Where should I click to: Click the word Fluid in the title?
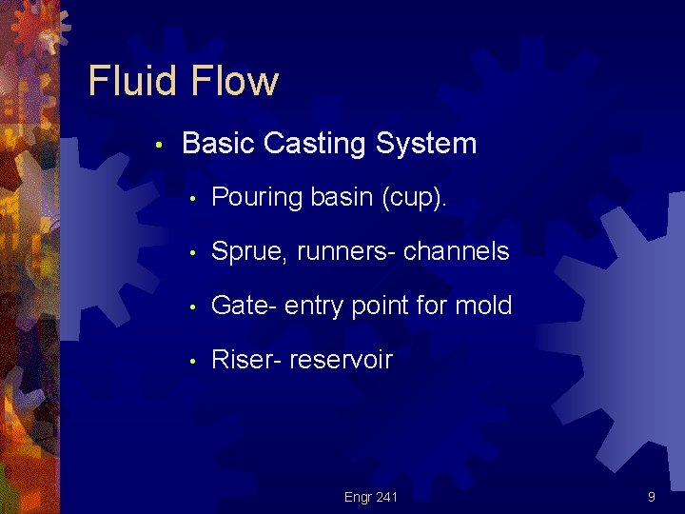click(x=132, y=81)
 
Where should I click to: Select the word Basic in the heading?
click(x=218, y=144)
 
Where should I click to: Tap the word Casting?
click(x=314, y=144)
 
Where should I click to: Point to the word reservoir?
click(x=341, y=360)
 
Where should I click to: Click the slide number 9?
click(x=651, y=497)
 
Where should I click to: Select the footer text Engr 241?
click(x=371, y=497)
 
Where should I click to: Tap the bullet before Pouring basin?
click(x=192, y=199)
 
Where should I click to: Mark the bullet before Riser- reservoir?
click(x=192, y=361)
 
